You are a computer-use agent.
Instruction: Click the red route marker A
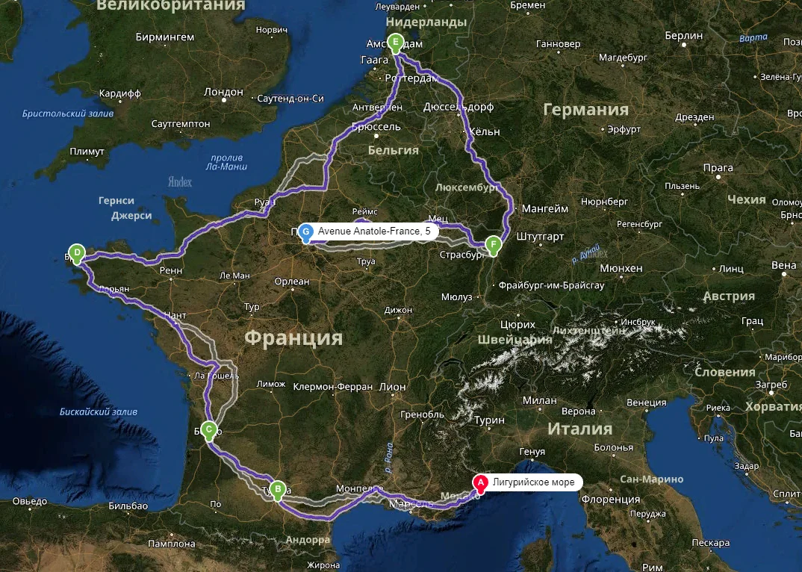481,484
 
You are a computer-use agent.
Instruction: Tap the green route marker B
278,490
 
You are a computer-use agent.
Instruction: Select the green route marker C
209,429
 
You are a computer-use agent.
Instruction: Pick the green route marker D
75,252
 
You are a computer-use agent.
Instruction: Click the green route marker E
395,43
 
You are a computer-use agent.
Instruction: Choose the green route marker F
492,244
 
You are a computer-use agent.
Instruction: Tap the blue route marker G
305,232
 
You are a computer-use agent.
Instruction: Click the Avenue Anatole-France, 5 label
374,232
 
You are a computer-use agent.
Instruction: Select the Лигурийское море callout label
534,483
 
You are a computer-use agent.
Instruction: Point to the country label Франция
293,338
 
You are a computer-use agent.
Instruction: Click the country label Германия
585,111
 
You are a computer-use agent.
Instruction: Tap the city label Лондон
223,92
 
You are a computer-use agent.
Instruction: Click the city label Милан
540,401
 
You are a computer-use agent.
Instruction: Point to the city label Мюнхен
621,268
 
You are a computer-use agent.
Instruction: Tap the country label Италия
579,429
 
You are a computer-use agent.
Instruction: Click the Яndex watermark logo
180,181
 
